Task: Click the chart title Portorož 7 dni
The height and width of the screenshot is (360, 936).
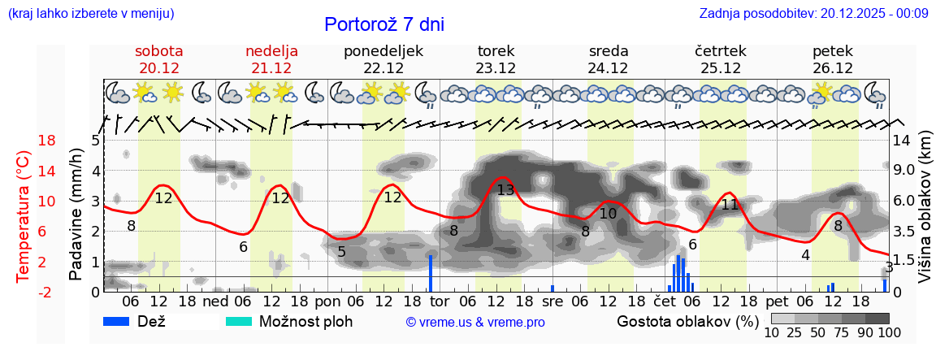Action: click(x=383, y=24)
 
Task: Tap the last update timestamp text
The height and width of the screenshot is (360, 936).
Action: click(x=813, y=13)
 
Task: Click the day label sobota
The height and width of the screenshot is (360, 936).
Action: click(x=159, y=51)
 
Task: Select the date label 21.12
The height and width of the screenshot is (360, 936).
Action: click(x=271, y=68)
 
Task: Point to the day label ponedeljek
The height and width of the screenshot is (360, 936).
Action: click(x=383, y=51)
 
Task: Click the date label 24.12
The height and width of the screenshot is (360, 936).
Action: click(x=609, y=68)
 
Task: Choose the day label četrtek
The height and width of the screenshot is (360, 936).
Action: click(x=721, y=51)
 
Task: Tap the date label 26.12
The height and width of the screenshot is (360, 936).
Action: click(x=833, y=68)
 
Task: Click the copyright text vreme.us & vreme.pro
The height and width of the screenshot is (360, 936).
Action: click(x=475, y=322)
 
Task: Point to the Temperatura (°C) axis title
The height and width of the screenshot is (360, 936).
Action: click(x=23, y=215)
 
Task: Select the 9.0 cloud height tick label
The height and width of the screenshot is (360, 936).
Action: click(x=904, y=171)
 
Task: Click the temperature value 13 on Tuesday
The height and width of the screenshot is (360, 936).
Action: click(x=505, y=190)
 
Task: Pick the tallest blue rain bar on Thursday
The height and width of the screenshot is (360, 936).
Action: click(x=678, y=273)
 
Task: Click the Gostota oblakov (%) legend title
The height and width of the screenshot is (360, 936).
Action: click(x=687, y=321)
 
